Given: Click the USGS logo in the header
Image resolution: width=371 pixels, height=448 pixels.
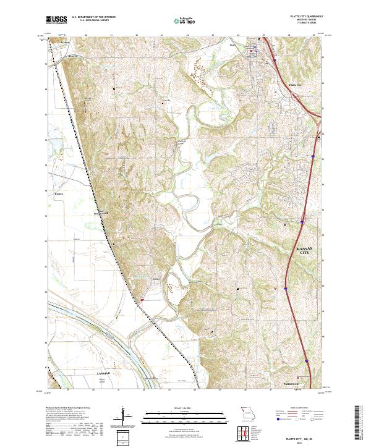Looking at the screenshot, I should coord(56,20).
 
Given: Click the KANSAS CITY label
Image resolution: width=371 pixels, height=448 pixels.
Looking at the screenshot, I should coord(303,250).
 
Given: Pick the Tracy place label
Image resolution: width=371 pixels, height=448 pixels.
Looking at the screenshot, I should coord(232,45).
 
